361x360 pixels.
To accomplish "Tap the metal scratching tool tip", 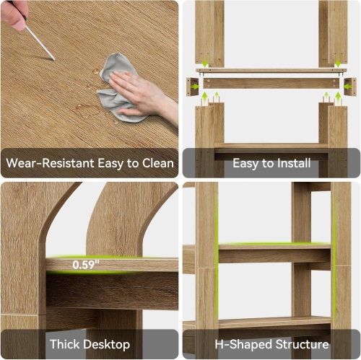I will [x=52, y=57].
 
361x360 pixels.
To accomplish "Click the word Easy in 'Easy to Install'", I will [x=245, y=163].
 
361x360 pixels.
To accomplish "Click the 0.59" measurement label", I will [x=85, y=265].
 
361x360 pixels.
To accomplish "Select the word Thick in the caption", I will [x=65, y=344].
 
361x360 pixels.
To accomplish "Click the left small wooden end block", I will [x=192, y=87].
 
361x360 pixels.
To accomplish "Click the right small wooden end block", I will [x=349, y=87].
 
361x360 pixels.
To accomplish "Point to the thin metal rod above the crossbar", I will [x=271, y=71].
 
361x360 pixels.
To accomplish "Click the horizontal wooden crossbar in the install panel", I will [x=271, y=84].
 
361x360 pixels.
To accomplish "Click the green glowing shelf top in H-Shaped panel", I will [x=274, y=245].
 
